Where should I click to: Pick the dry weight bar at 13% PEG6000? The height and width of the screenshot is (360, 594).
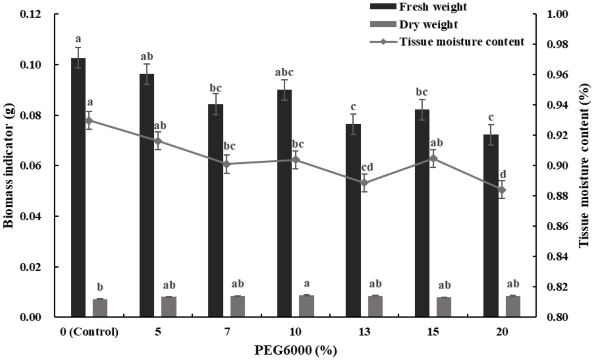point(375,306)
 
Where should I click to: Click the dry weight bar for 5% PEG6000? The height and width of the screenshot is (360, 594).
point(169,307)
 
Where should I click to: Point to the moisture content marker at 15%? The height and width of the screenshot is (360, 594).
point(433,158)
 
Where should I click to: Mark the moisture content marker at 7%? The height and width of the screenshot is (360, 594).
point(227,164)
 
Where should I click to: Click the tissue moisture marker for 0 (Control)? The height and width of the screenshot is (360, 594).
point(89,120)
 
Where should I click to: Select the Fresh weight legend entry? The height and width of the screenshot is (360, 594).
point(433,7)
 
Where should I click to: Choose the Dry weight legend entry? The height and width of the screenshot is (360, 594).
point(428,24)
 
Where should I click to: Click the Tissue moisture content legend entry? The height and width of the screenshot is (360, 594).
point(461,41)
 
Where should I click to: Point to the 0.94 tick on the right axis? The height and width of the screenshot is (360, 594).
point(558,105)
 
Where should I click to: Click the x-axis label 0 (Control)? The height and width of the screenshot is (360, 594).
point(89,332)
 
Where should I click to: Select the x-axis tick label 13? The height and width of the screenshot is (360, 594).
point(364,332)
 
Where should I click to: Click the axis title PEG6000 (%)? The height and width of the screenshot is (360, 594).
point(295,350)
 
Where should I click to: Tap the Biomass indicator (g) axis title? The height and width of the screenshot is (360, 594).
point(9,166)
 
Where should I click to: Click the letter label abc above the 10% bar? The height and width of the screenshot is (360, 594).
point(284,72)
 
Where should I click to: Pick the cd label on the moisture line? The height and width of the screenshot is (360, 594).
point(367,167)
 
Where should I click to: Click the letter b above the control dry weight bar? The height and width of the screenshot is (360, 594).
point(100,287)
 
